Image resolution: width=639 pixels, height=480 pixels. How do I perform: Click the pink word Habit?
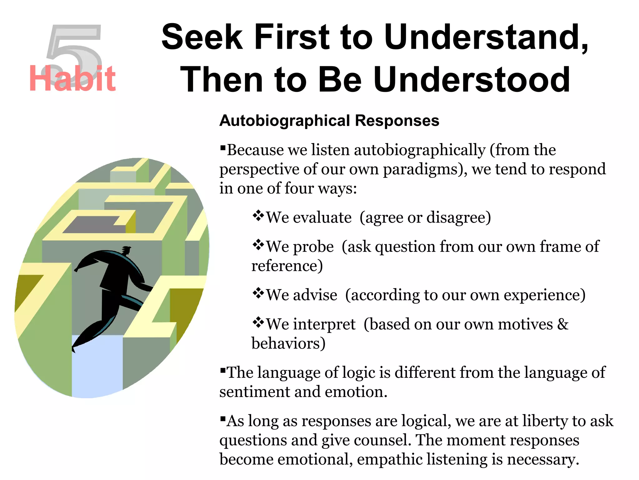tap(72, 79)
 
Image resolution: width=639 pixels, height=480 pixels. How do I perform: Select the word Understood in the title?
tap(472, 80)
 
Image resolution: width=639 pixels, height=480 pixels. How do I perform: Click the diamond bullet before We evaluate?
tap(258, 216)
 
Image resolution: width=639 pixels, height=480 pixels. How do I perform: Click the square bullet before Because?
tap(222, 147)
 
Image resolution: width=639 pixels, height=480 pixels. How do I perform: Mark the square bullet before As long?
tap(222, 418)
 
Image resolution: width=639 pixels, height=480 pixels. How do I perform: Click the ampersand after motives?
tap(563, 324)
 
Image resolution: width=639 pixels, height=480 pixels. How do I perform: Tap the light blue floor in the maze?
tap(97, 366)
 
